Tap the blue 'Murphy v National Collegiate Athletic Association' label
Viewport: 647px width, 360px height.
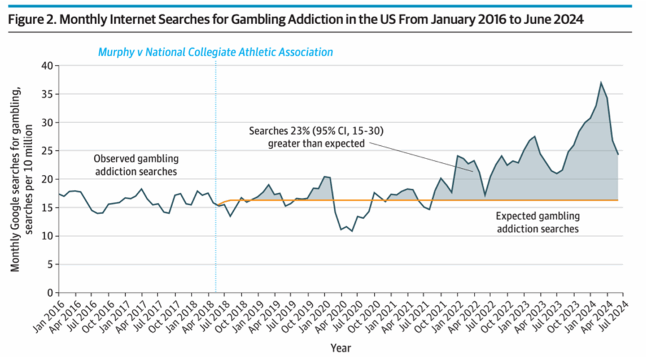(x=215, y=52)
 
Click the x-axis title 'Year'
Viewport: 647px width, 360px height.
(x=340, y=347)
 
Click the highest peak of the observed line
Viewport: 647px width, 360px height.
(x=601, y=82)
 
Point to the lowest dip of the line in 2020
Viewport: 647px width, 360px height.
(x=352, y=231)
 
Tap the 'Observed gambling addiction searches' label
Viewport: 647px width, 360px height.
(x=136, y=164)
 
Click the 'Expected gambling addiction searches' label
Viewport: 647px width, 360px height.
(x=537, y=222)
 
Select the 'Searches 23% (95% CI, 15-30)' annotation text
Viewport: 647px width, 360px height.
(x=316, y=131)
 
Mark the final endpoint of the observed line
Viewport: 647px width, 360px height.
(x=617, y=154)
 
